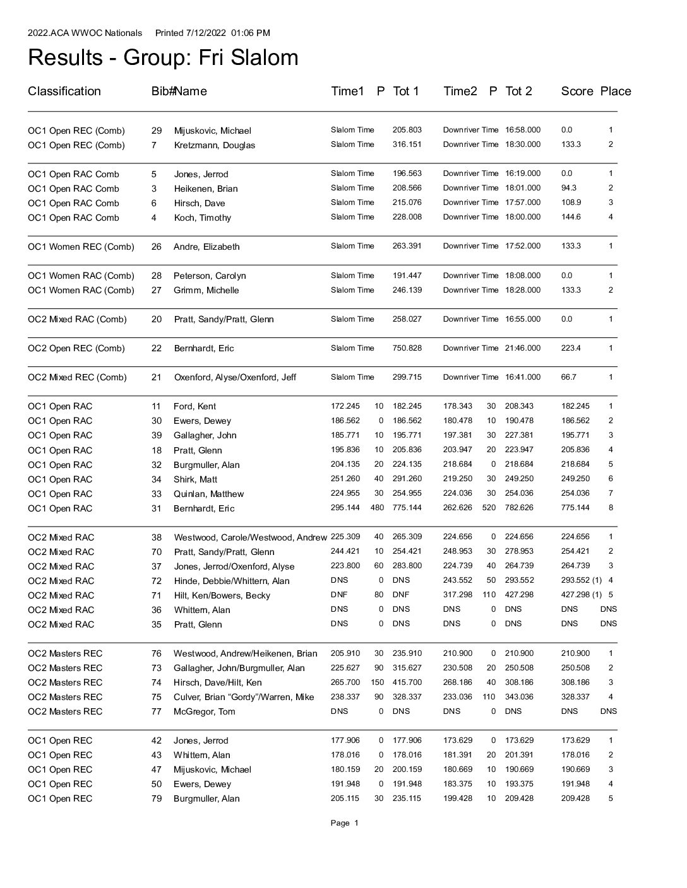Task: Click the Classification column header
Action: coord(64,91)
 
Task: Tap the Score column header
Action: coord(576,91)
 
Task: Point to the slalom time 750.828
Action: coord(407,348)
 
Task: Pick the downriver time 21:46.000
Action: coord(522,348)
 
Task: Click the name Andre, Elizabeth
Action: coord(206,247)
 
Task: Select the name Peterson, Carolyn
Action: coord(210,276)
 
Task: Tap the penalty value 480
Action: coord(377,508)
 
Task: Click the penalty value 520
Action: coord(489,508)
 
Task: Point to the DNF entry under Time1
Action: coord(339,595)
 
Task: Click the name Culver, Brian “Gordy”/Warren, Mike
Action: coord(244,697)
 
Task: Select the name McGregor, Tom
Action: coord(204,711)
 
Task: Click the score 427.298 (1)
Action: coord(581,595)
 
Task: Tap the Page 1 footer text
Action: coord(344,823)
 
